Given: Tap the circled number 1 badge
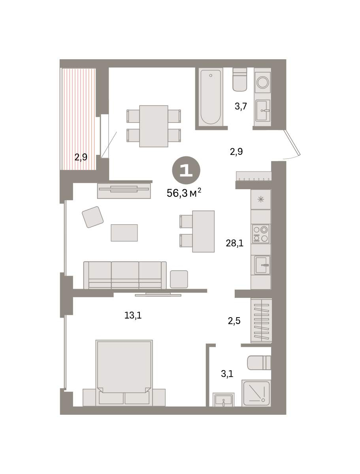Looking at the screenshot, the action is pyautogui.click(x=186, y=170).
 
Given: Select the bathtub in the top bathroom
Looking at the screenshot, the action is pyautogui.click(x=211, y=96).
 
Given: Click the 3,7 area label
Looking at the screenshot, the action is pyautogui.click(x=241, y=106).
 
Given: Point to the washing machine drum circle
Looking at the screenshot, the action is pyautogui.click(x=263, y=82).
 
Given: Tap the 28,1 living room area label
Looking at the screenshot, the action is pyautogui.click(x=234, y=243).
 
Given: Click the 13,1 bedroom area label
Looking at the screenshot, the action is pyautogui.click(x=133, y=316).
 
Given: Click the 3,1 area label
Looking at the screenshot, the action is pyautogui.click(x=227, y=374).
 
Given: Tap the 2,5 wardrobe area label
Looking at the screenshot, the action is pyautogui.click(x=234, y=321).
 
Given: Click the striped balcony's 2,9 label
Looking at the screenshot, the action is pyautogui.click(x=81, y=157).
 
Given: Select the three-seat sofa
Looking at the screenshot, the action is pyautogui.click(x=125, y=275).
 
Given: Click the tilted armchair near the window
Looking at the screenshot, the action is pyautogui.click(x=92, y=217).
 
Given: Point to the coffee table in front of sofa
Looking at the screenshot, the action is pyautogui.click(x=124, y=233).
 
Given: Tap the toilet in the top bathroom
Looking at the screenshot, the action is pyautogui.click(x=240, y=79).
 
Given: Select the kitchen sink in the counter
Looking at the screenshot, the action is pyautogui.click(x=262, y=265).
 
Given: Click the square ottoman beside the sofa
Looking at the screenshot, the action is pyautogui.click(x=179, y=279).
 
